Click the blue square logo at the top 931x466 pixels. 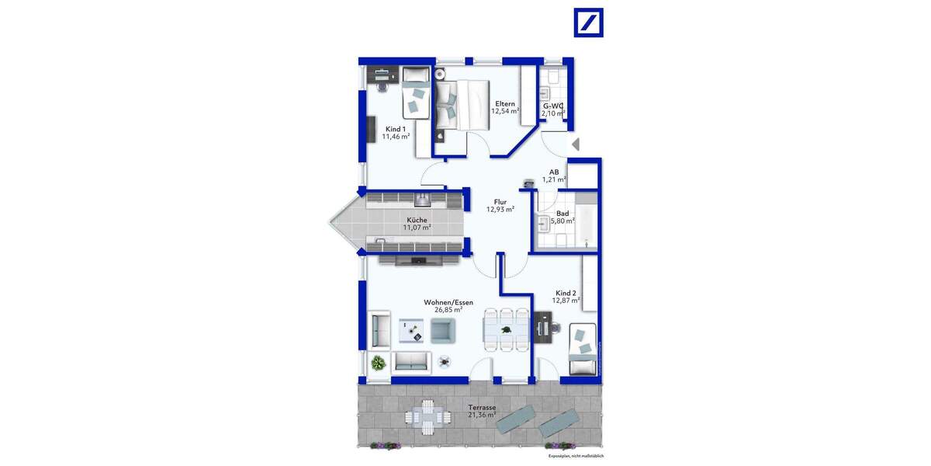588,23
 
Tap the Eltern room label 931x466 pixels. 505,103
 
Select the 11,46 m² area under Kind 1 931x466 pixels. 396,137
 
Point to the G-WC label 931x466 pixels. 552,106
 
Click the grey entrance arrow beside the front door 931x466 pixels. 575,144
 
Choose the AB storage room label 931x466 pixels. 554,172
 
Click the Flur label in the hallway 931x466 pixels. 500,201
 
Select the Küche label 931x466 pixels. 417,220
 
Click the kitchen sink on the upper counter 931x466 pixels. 422,200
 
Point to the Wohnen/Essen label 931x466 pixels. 448,301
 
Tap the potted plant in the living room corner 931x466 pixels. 379,362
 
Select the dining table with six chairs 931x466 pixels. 506,329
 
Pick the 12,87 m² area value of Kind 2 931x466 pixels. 564,301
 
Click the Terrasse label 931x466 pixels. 482,407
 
